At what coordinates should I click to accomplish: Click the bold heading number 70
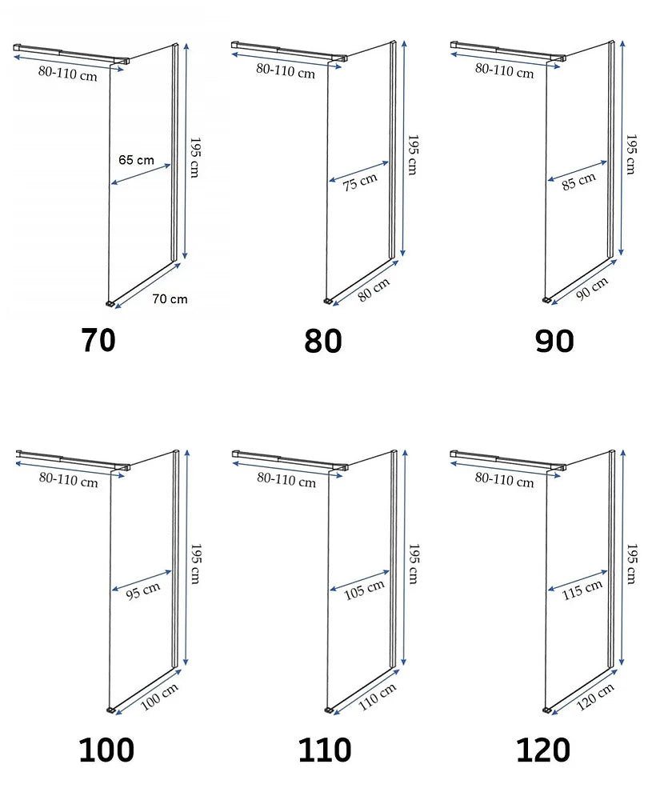(x=98, y=340)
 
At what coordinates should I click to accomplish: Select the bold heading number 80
(x=323, y=341)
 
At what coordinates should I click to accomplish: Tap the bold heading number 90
(x=554, y=341)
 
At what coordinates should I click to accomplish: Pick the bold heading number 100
(x=106, y=750)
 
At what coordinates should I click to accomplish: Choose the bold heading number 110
(x=325, y=750)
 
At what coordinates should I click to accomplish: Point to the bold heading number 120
(x=543, y=750)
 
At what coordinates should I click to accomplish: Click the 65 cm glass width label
(x=136, y=160)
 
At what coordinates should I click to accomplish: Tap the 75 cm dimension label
(x=360, y=182)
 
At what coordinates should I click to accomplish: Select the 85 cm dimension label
(x=578, y=182)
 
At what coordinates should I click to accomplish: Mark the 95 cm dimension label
(x=143, y=590)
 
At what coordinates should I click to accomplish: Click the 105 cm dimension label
(x=364, y=590)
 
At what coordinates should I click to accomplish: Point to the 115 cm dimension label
(x=582, y=589)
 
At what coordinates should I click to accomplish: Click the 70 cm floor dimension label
(x=170, y=299)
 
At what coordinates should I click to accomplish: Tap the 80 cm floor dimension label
(x=374, y=290)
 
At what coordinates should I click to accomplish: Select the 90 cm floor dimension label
(x=592, y=289)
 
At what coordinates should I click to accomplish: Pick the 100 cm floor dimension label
(x=159, y=698)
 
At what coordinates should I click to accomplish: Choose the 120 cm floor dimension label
(x=595, y=697)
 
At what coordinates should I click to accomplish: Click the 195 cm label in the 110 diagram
(x=414, y=564)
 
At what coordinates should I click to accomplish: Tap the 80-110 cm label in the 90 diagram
(x=504, y=70)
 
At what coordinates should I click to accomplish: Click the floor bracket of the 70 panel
(x=110, y=303)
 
